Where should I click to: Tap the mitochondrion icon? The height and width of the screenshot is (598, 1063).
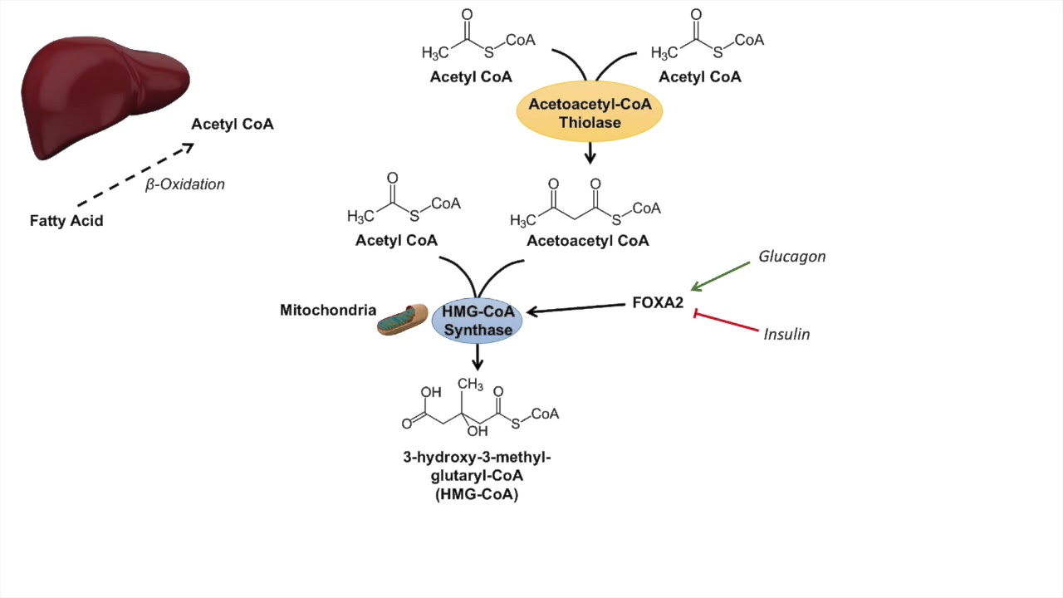[x=402, y=319]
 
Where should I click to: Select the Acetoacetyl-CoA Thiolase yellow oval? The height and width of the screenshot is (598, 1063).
[x=590, y=115]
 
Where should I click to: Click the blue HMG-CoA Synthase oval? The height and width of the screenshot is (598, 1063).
[x=477, y=321]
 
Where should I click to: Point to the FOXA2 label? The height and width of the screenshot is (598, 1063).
[x=658, y=303]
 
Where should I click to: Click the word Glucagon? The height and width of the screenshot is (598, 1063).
[x=791, y=257]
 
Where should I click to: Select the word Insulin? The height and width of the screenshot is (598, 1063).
[x=786, y=335]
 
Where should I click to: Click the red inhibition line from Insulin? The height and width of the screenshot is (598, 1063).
[x=727, y=323]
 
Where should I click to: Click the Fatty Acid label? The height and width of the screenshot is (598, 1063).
[x=66, y=221]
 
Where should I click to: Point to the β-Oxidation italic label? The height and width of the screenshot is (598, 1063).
[x=185, y=184]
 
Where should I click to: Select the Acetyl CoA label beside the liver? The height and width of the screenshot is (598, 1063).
[x=233, y=125]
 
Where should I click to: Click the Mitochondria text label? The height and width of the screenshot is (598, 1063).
[x=328, y=311]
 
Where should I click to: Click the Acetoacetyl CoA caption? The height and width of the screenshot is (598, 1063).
[x=588, y=241]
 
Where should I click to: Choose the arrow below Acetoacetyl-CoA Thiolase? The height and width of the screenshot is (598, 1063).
[x=590, y=153]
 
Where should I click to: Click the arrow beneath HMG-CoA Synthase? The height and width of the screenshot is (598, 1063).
[x=477, y=358]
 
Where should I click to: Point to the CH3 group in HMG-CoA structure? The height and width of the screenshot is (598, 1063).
[x=470, y=385]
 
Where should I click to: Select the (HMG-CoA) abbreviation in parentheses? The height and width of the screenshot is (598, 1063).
[x=477, y=495]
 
